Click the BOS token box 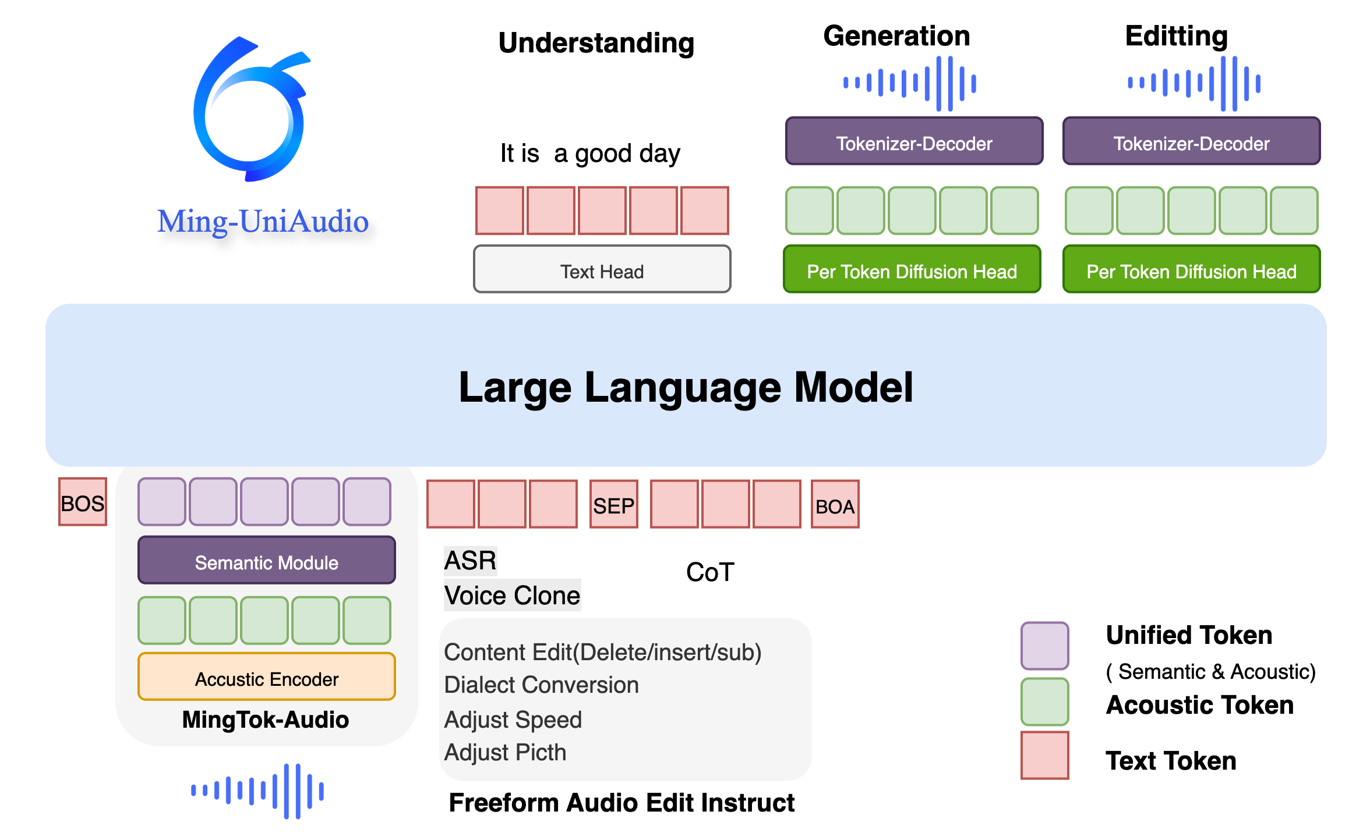tap(83, 502)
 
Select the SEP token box tap(613, 504)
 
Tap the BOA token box tap(835, 504)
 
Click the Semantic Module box tap(267, 561)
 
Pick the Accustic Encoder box tap(267, 677)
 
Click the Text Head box tap(602, 270)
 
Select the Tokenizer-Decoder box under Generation tap(914, 141)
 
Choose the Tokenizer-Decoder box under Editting tap(1191, 141)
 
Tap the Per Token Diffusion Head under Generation tap(912, 270)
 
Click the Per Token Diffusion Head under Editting tap(1191, 270)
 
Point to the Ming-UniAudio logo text tap(263, 222)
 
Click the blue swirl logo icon tap(250, 111)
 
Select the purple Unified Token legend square tap(1044, 646)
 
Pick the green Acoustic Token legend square tap(1044, 702)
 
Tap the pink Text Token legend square tap(1044, 755)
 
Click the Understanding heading tap(596, 43)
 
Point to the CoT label tap(709, 572)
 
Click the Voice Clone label tap(512, 596)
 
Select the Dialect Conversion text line tap(541, 685)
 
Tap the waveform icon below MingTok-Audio tap(257, 791)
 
